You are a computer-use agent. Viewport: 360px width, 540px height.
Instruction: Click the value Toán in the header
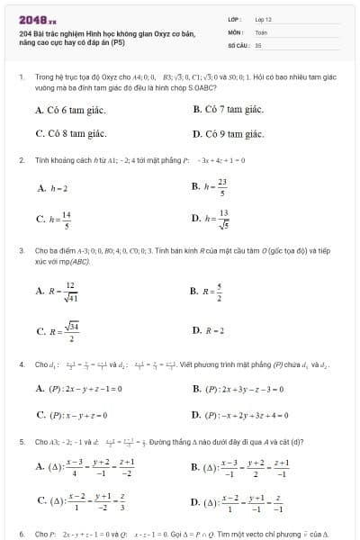[x=260, y=31]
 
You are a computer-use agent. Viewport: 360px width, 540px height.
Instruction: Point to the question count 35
[x=257, y=43]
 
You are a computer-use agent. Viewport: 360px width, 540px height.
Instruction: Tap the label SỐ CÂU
[x=238, y=43]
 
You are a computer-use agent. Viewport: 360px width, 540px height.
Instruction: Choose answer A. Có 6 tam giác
[x=70, y=110]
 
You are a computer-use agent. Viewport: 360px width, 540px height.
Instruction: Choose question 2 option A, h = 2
[x=53, y=189]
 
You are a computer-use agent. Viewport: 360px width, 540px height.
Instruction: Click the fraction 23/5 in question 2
[x=221, y=187]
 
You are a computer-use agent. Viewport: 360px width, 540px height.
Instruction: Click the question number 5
[x=21, y=443]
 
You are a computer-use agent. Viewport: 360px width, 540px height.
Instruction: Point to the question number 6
[x=21, y=534]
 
